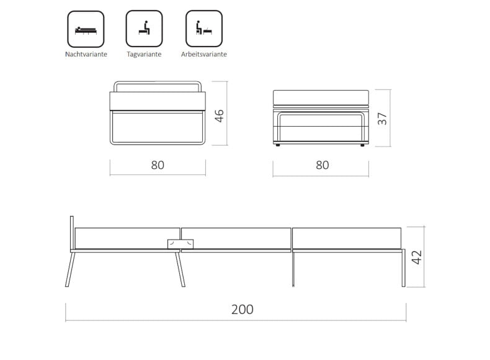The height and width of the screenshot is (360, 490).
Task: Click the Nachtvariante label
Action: [x=86, y=54]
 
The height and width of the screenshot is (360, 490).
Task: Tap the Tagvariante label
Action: [x=144, y=54]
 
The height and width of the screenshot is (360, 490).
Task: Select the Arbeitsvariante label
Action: [x=203, y=54]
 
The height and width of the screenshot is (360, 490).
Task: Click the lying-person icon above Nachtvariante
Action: [x=86, y=29]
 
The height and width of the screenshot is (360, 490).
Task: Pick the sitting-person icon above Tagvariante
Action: [x=144, y=29]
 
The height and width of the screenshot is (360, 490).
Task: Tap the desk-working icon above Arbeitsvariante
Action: [x=204, y=29]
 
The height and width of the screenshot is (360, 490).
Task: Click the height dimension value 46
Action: [x=220, y=115]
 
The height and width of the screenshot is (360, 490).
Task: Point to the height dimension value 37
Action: [x=382, y=119]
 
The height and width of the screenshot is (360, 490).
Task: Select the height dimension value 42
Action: [x=417, y=258]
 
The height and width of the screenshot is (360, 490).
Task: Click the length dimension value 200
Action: [x=242, y=309]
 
